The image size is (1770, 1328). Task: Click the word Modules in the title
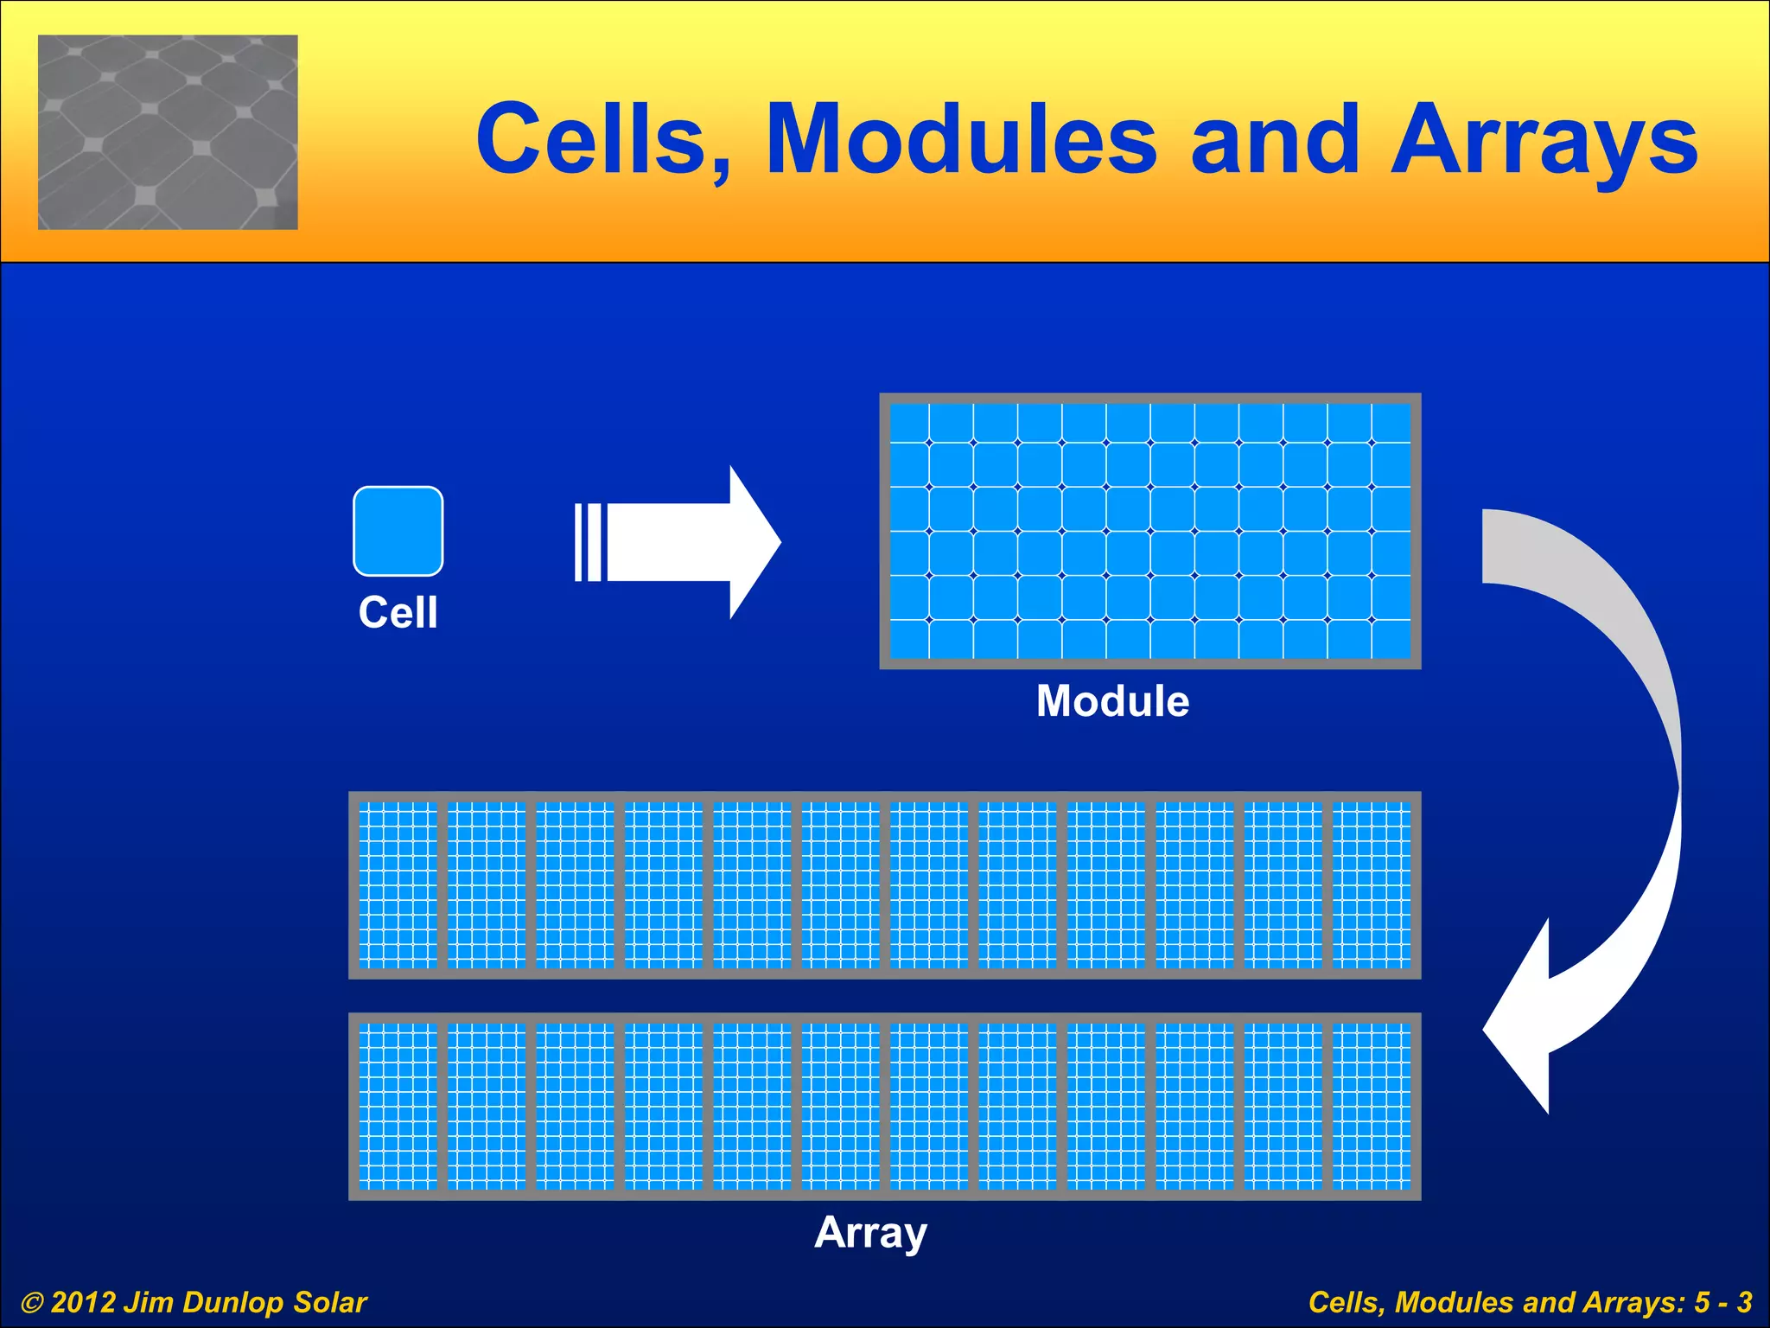pos(961,140)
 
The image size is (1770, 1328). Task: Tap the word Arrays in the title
pos(1544,140)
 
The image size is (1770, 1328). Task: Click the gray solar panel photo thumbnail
pos(168,132)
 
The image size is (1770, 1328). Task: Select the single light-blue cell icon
pos(398,531)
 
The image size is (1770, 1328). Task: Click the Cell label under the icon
pos(398,612)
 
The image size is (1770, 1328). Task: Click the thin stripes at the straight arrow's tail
pos(588,542)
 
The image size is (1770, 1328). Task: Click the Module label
pos(1112,700)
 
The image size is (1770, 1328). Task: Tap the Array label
pos(870,1232)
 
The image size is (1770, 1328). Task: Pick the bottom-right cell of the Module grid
pos(1391,640)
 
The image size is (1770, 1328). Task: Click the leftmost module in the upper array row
pos(398,884)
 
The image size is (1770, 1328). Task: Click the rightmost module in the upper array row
pos(1372,884)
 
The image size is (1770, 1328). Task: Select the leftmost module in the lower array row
pos(398,1106)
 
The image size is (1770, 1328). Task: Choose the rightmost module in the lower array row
pos(1372,1106)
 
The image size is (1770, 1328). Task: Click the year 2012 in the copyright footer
pos(83,1302)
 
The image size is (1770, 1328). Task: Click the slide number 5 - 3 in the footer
pos(1723,1302)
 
